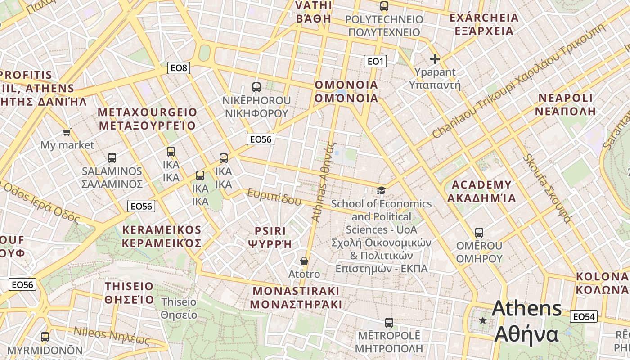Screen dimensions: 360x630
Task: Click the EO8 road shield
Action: click(179, 68)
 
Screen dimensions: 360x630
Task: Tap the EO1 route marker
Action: click(375, 61)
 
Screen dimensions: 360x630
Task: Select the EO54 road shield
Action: click(584, 316)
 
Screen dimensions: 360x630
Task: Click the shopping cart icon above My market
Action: click(67, 132)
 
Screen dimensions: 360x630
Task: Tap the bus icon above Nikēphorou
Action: click(256, 87)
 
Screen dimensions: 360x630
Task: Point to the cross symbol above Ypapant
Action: click(435, 59)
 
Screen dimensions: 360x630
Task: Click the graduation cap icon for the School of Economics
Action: click(381, 191)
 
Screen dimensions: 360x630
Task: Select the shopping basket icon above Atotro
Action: click(304, 261)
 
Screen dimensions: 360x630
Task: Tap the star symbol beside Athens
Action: click(483, 320)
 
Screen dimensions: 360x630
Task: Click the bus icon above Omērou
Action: click(479, 233)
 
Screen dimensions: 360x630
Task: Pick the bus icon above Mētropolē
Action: click(389, 323)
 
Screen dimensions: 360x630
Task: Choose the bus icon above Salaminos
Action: click(112, 158)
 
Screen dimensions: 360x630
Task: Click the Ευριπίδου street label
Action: click(274, 197)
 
